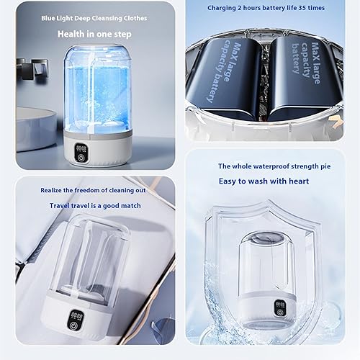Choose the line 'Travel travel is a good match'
(x=96, y=205)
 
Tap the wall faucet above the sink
(x=29, y=72)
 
